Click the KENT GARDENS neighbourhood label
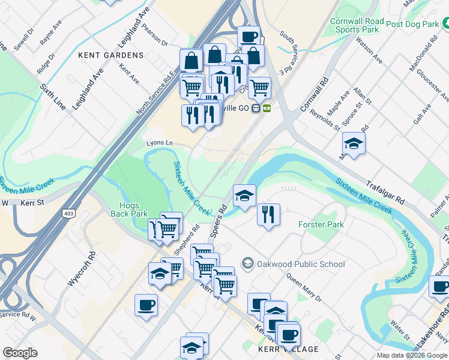(111, 55)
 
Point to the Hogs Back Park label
(129, 209)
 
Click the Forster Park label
(321, 225)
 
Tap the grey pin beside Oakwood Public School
(247, 263)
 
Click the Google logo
(20, 353)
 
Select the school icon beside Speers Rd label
(244, 196)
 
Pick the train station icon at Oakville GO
(256, 109)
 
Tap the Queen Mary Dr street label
(304, 288)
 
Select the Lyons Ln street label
(160, 143)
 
